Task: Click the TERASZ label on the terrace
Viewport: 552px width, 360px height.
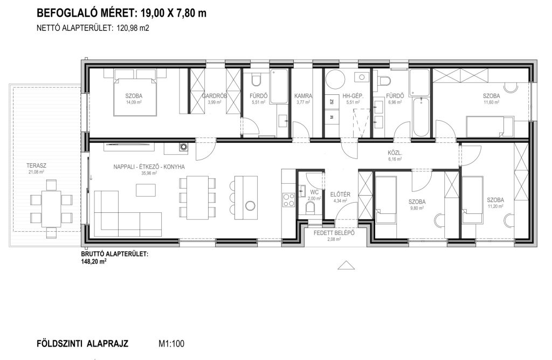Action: [x=36, y=165]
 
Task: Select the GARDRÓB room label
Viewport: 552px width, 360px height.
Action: [x=215, y=96]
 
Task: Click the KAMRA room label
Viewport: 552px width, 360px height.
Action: [x=303, y=96]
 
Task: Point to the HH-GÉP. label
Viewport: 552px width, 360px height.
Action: [x=353, y=96]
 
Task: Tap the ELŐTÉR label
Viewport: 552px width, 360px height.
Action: [x=340, y=194]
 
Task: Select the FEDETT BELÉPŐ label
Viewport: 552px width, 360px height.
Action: [x=334, y=233]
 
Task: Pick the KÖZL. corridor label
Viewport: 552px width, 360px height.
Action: [x=395, y=153]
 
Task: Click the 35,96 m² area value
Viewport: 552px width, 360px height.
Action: [x=149, y=173]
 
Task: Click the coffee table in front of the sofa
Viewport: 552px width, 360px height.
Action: [x=146, y=190]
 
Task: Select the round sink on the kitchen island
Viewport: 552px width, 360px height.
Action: [x=250, y=205]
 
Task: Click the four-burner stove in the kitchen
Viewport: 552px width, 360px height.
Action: [x=289, y=200]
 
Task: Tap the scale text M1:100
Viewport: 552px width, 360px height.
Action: [x=171, y=344]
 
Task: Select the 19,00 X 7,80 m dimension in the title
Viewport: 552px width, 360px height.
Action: [x=174, y=13]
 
